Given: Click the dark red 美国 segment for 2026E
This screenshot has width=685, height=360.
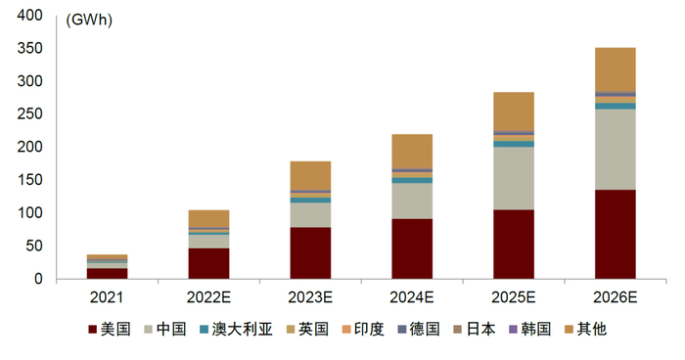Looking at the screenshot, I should [x=615, y=234].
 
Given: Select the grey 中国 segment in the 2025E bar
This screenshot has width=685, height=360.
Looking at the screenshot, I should [x=513, y=178].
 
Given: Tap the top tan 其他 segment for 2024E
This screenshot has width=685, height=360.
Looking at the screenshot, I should [x=412, y=151].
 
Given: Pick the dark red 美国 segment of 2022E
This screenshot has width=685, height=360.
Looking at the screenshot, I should [x=207, y=263].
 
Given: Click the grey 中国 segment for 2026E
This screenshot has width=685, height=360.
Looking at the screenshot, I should [x=615, y=149].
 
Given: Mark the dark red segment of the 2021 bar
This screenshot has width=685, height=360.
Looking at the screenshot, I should [x=107, y=273].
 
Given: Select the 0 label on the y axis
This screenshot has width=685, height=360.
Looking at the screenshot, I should [x=38, y=279].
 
